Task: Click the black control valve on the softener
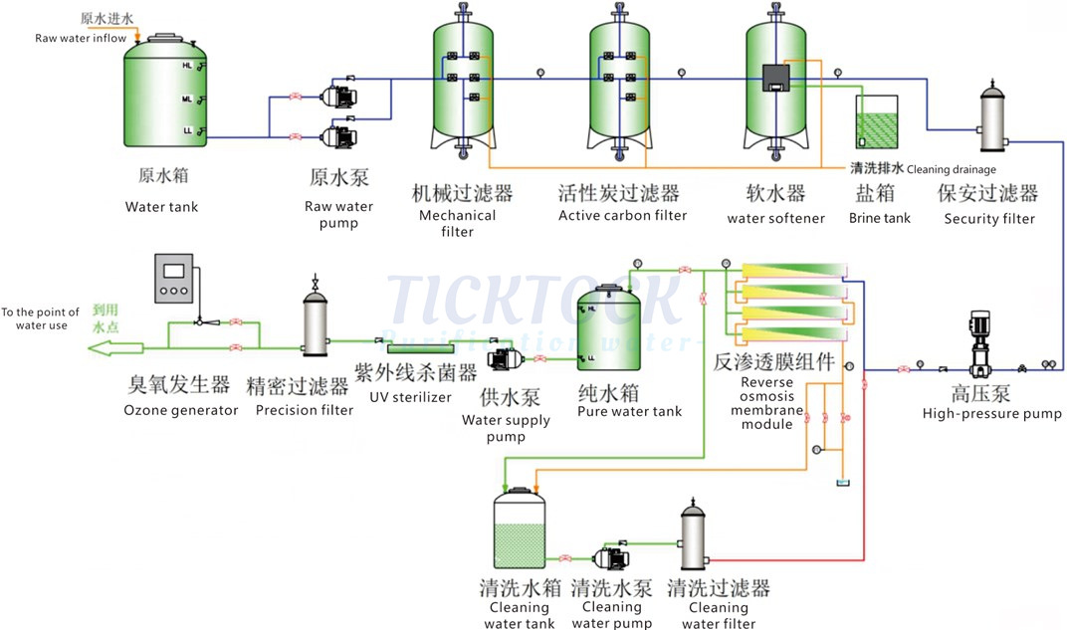775,78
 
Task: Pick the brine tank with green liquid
877,123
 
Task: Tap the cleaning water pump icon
609,558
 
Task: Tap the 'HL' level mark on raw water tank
186,66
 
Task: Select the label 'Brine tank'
879,217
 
